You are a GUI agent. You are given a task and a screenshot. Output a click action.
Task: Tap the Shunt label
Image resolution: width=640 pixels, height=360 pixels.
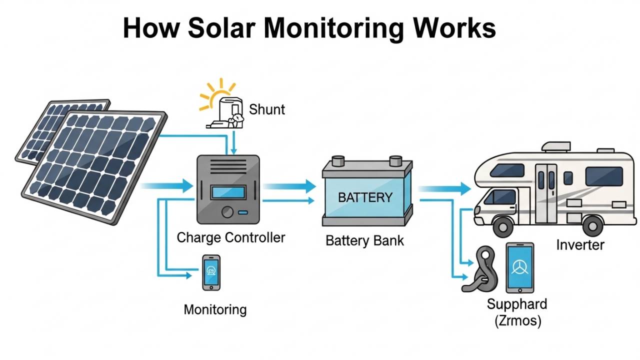coord(267,109)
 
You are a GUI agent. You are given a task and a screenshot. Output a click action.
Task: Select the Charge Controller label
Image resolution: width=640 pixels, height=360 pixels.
coord(231,237)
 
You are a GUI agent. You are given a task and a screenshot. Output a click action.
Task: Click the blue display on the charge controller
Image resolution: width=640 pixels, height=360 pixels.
coord(228,192)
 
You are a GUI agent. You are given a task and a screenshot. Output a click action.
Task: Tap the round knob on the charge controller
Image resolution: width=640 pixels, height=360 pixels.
coord(227,212)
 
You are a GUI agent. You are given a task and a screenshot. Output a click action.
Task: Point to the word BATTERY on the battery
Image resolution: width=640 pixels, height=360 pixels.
coord(365,197)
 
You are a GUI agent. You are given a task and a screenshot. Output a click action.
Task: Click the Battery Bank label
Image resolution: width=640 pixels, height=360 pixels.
coord(364,240)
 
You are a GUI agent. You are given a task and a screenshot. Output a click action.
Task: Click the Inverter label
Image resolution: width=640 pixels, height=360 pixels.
coord(580,245)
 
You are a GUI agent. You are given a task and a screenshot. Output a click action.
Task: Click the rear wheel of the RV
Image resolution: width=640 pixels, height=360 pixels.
coord(593,226)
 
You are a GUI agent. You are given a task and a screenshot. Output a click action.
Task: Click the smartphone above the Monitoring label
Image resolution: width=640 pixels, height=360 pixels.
coord(211,272)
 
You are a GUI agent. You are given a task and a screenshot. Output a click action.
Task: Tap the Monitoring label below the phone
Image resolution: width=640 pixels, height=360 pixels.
coord(215,309)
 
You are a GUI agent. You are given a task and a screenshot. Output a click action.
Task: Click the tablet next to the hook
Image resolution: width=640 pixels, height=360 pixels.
coord(519,267)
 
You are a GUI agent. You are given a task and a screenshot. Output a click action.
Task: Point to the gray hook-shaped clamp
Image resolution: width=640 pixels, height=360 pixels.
coord(478,270)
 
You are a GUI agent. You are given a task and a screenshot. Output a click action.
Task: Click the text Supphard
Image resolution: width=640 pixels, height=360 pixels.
coord(517,304)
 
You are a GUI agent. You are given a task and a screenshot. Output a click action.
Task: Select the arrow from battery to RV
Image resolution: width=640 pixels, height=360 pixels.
coord(445,189)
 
